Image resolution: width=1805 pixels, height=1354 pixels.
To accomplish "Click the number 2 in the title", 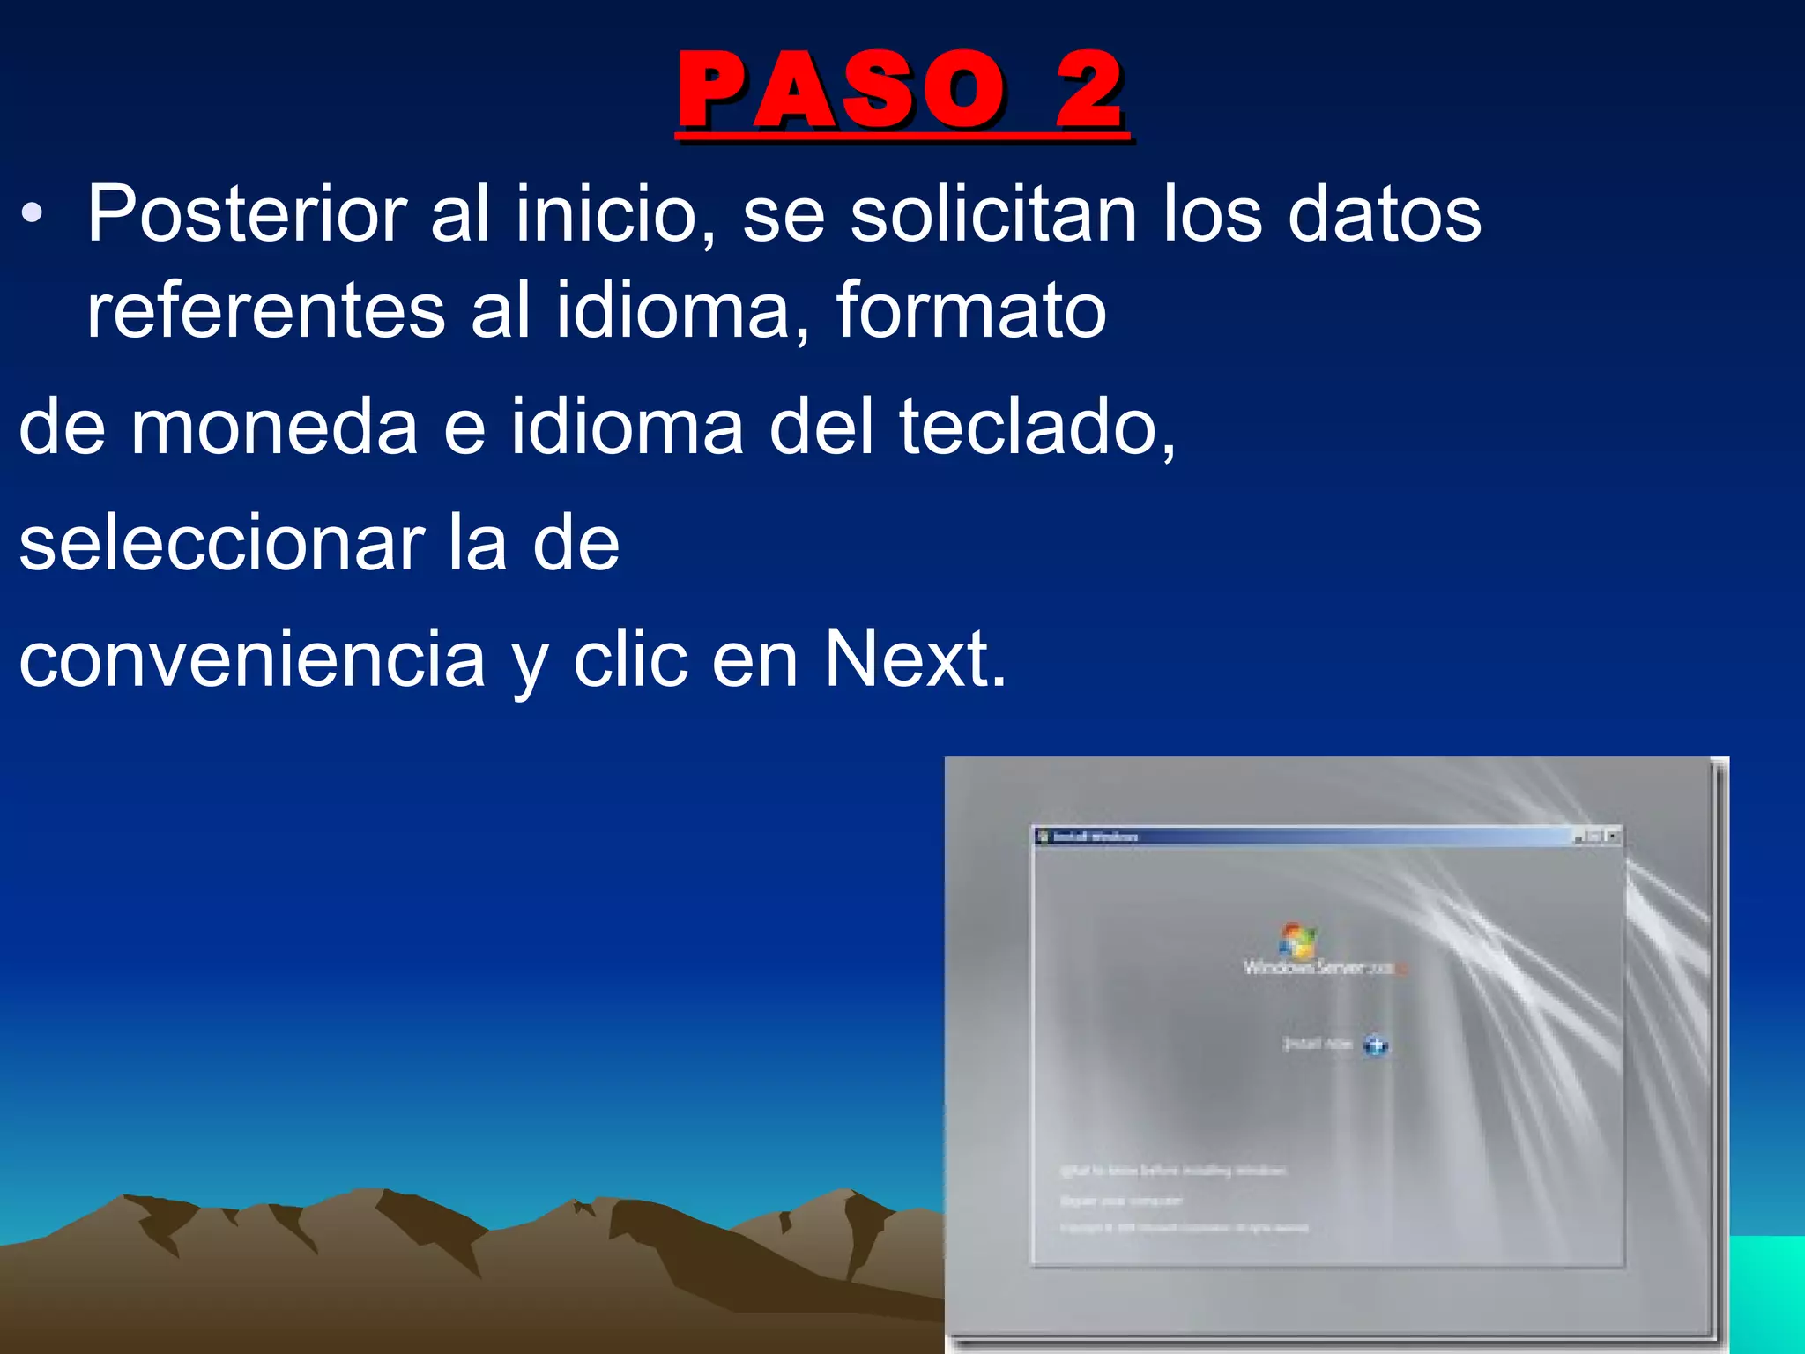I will pyautogui.click(x=1089, y=91).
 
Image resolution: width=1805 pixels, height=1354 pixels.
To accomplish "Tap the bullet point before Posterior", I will pyautogui.click(x=33, y=214).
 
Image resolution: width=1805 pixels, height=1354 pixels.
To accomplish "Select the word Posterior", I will pyautogui.click(x=247, y=214).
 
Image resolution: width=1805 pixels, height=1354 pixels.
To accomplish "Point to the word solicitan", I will pyautogui.click(x=993, y=214).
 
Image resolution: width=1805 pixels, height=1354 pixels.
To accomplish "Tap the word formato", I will pyautogui.click(x=970, y=310).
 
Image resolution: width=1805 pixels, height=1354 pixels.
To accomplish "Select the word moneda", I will pyautogui.click(x=274, y=428).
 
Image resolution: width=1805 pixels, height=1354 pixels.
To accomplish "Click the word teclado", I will pyautogui.click(x=1036, y=428).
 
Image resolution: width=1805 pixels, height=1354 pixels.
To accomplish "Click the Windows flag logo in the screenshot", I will pyautogui.click(x=1297, y=941).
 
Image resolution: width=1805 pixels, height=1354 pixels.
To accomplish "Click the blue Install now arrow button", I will pyautogui.click(x=1375, y=1046).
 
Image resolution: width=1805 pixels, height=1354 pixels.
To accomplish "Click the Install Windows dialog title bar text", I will pyautogui.click(x=1096, y=837).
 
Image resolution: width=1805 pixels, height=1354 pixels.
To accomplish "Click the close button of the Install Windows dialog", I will pyautogui.click(x=1613, y=836).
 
